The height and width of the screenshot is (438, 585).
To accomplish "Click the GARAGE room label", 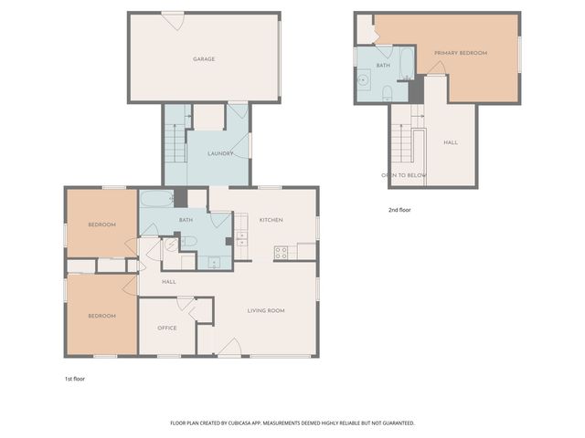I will point(203,58).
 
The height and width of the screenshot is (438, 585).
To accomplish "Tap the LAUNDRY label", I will point(220,153).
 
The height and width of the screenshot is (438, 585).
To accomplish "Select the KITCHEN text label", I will point(271,220).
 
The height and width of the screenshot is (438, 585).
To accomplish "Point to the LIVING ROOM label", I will point(266,310).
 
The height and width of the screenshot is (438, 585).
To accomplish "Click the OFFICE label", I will point(166,328).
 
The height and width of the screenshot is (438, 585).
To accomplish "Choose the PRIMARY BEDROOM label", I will point(461,53).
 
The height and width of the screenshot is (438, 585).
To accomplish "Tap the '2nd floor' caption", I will point(399,210).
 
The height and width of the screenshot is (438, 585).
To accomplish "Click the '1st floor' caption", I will point(74,377).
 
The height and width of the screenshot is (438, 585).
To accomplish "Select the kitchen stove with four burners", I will point(281,253).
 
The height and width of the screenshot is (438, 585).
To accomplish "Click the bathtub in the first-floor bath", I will point(156,199).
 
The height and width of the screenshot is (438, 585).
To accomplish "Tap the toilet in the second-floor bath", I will point(388,92).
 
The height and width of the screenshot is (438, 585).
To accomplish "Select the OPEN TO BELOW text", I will point(404,174).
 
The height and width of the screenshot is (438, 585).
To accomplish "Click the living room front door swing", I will point(229,346).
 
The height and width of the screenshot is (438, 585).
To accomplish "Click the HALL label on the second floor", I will point(451,142).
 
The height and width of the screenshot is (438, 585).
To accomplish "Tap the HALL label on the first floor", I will point(169,282).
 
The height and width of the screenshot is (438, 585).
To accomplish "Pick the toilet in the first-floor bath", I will point(190,242).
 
